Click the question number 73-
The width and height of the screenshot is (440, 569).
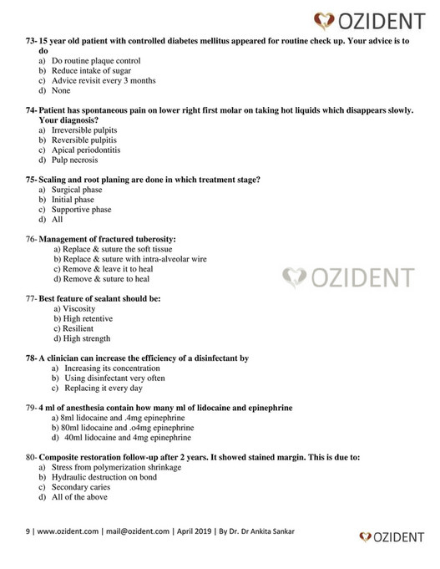pyautogui.click(x=36, y=40)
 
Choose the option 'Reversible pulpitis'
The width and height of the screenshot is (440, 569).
pyautogui.click(x=83, y=141)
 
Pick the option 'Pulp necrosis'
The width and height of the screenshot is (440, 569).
pyautogui.click(x=74, y=160)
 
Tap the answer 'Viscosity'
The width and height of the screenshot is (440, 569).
pyautogui.click(x=79, y=308)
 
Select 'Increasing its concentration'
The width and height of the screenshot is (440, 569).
pyautogui.click(x=104, y=368)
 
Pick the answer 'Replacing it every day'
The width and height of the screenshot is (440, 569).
pyautogui.click(x=97, y=387)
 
